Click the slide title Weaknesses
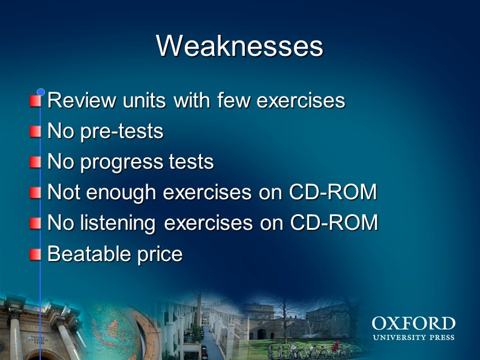point(239,46)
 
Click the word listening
point(116,223)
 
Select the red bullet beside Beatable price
point(36,254)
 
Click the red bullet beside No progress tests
point(36,162)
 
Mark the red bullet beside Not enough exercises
point(36,193)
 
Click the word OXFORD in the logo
point(413,325)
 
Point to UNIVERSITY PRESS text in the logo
point(413,338)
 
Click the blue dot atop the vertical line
point(41,92)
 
